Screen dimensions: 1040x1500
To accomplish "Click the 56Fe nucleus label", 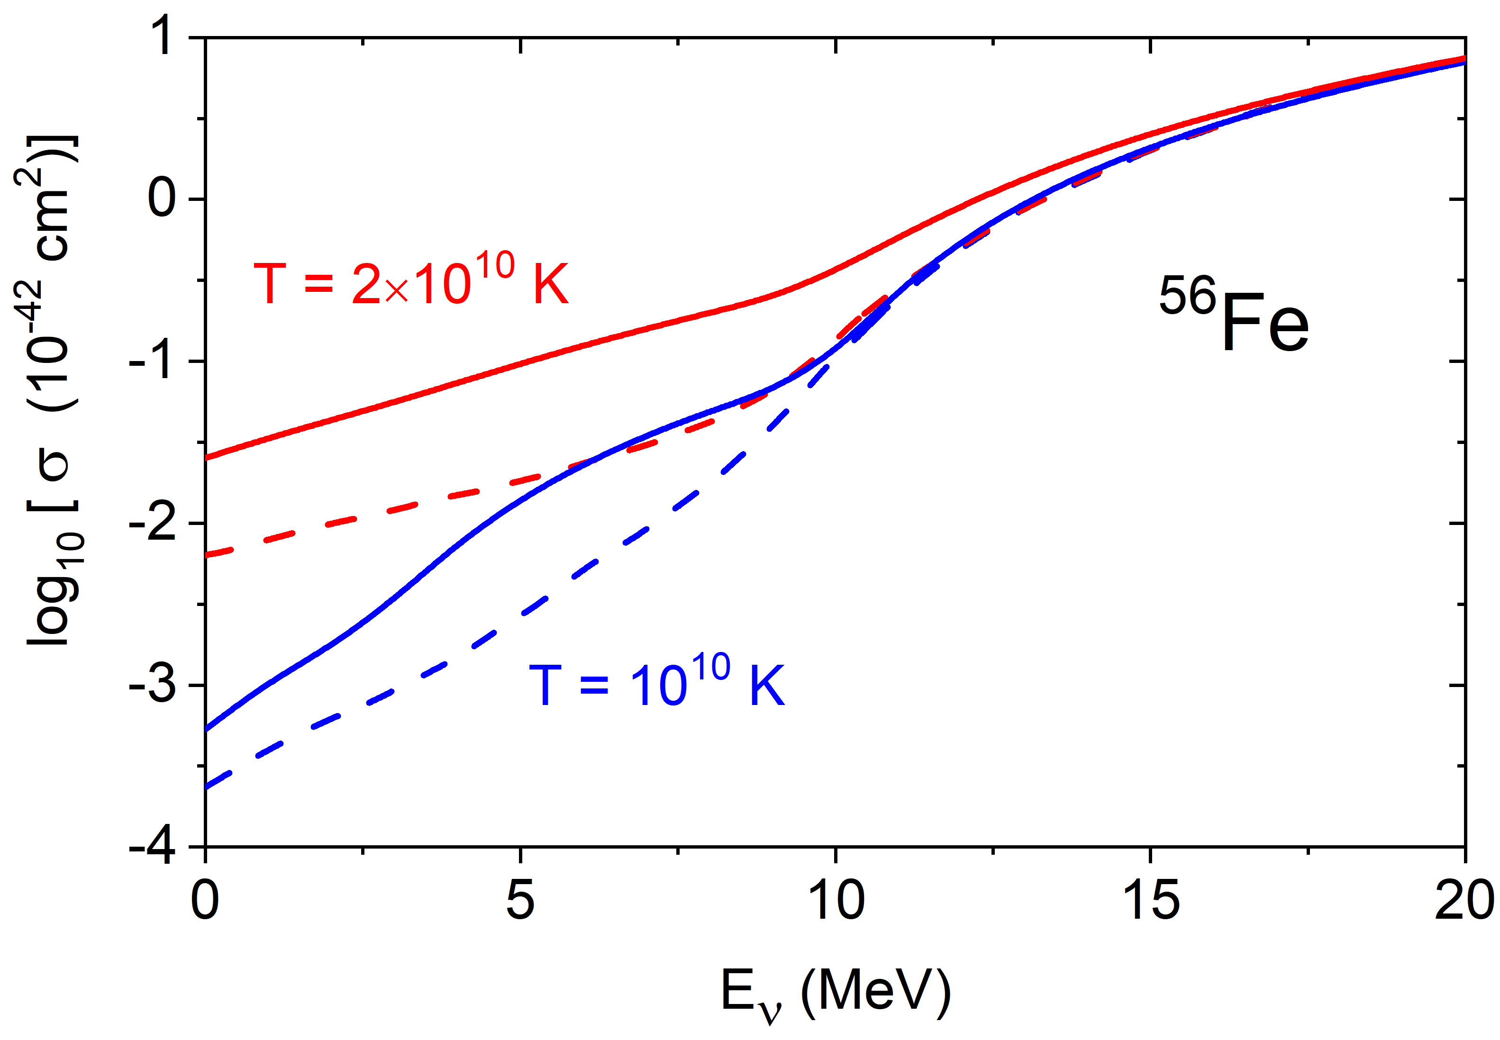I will click(1234, 314).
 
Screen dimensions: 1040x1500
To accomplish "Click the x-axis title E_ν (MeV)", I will click(836, 993).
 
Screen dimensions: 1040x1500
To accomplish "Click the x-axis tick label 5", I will click(520, 901).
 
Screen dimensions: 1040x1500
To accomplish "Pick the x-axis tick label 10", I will click(836, 901).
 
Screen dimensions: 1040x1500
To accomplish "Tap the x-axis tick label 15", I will click(1151, 901).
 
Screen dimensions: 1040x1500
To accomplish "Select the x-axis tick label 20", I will click(1464, 901).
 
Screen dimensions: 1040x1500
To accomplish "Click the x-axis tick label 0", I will click(205, 901).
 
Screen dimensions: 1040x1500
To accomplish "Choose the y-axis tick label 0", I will click(162, 199).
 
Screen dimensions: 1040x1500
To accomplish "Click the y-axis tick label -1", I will click(153, 361).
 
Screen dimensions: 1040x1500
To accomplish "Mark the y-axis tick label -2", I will click(153, 523).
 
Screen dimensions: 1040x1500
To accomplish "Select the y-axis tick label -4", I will click(153, 847).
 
